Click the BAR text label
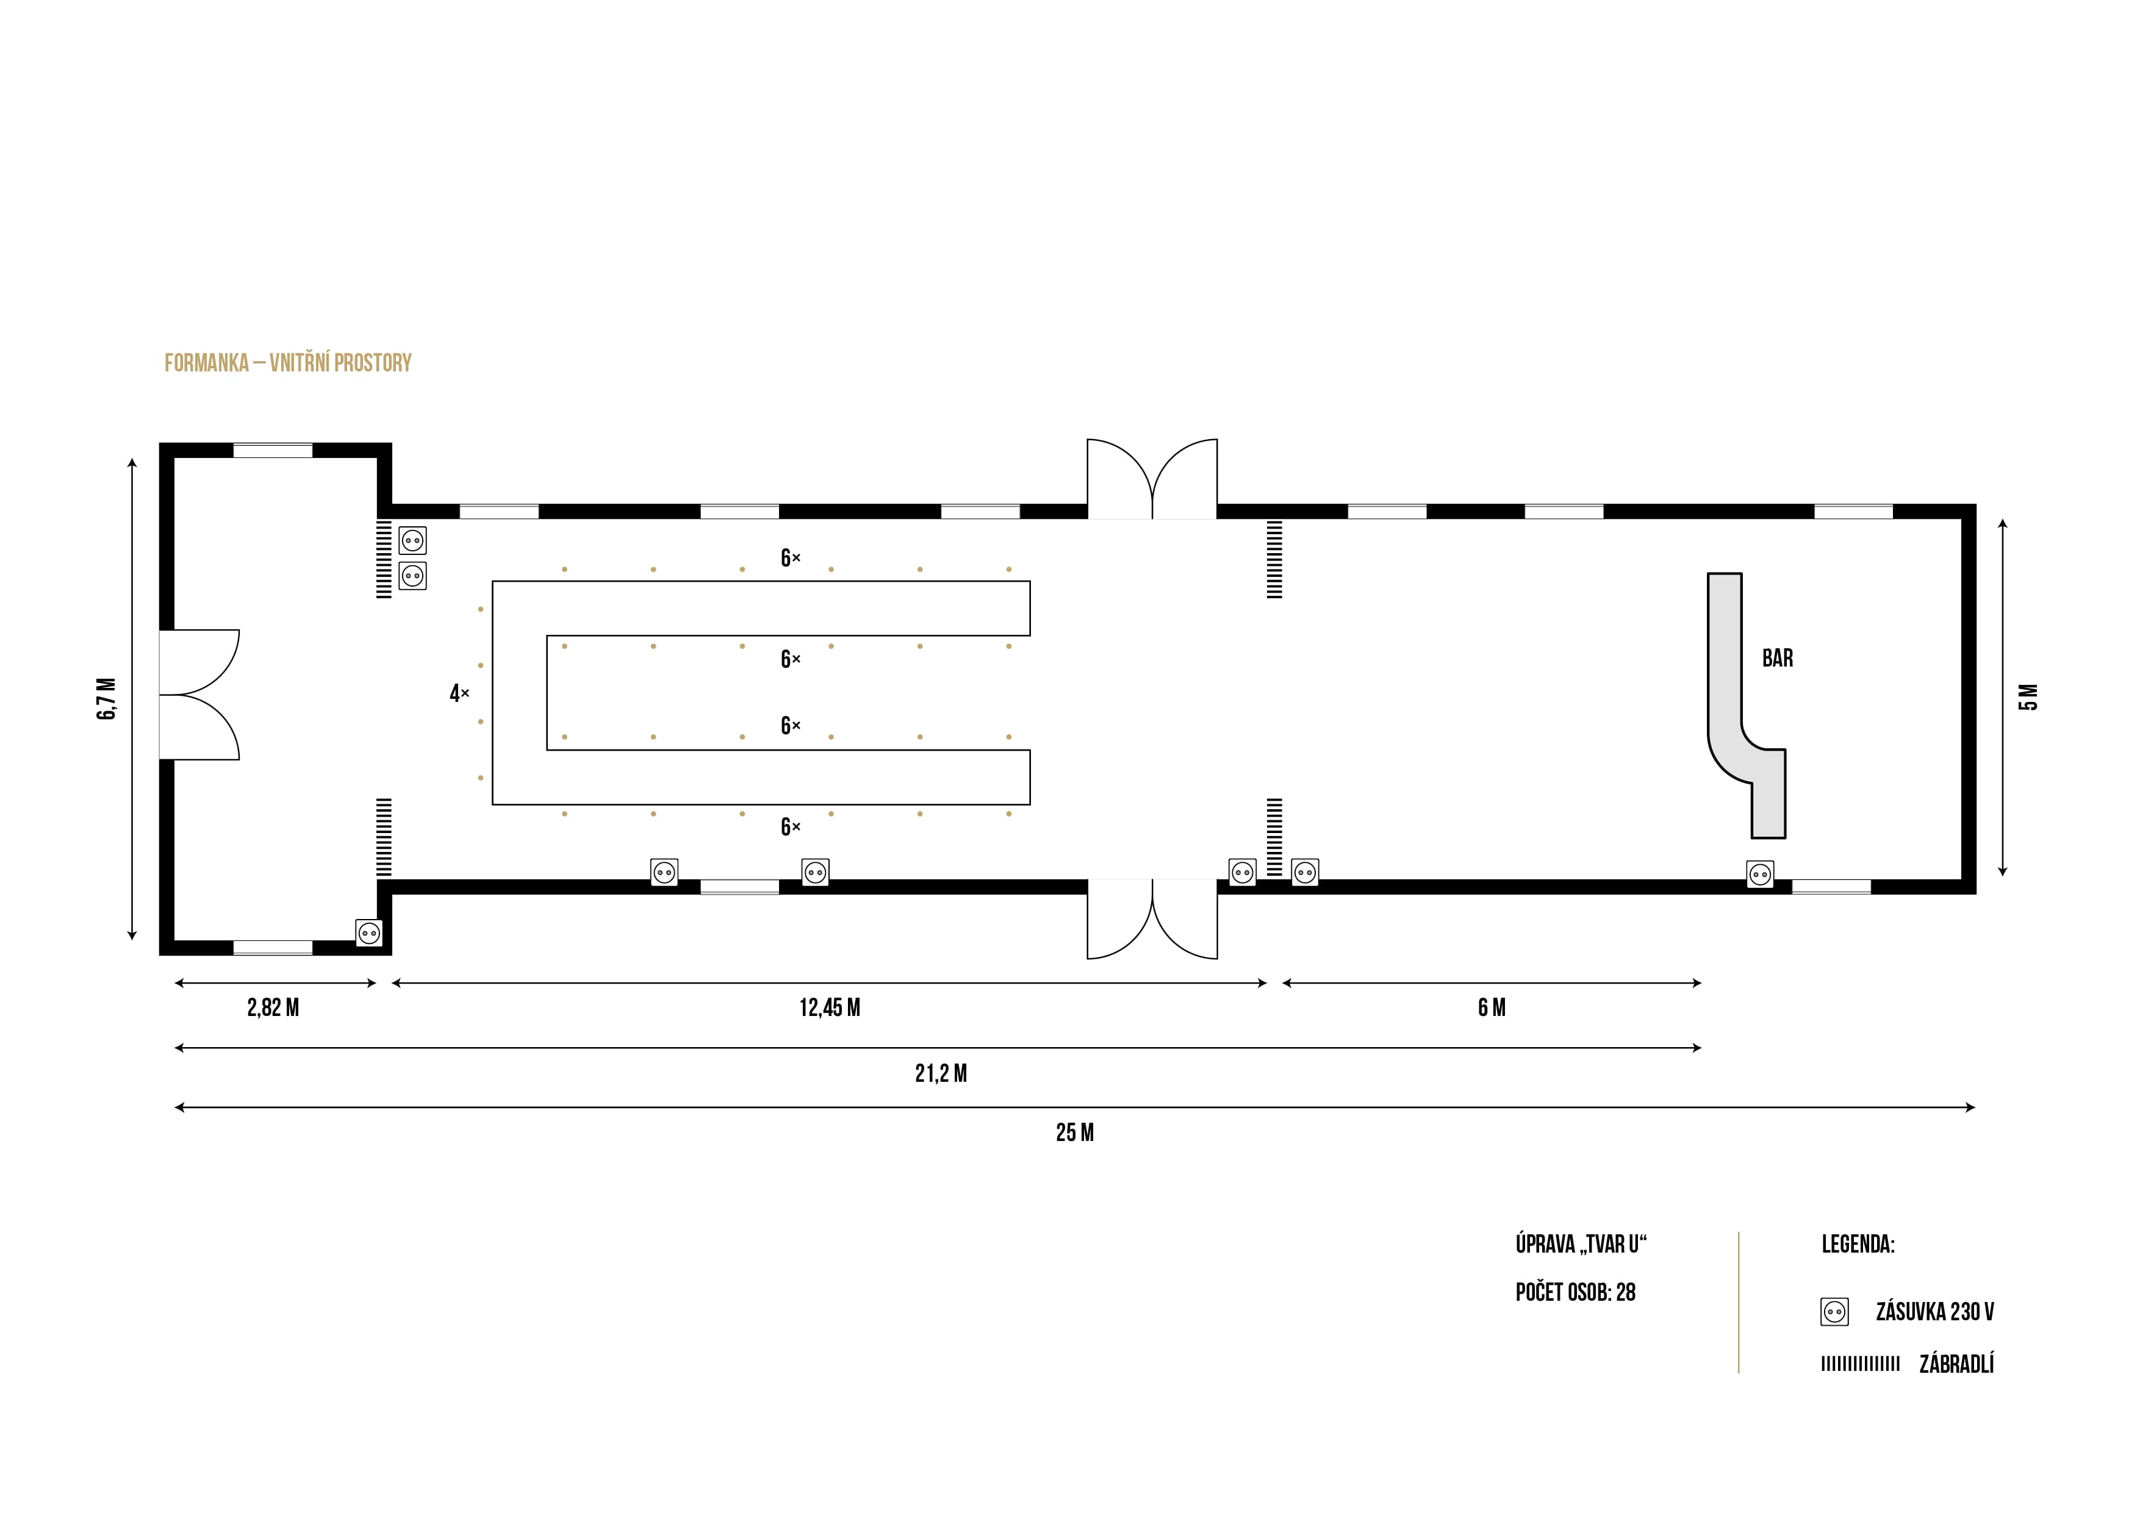coord(1776,658)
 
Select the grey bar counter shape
coord(1725,671)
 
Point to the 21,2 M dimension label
coord(941,1073)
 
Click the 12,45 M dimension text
coord(830,1007)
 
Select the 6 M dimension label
coord(1492,1007)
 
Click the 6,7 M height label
coord(107,699)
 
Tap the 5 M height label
coord(2028,697)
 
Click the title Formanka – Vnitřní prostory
coord(288,362)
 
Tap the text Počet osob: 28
coord(1575,1292)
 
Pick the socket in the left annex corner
coord(369,932)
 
